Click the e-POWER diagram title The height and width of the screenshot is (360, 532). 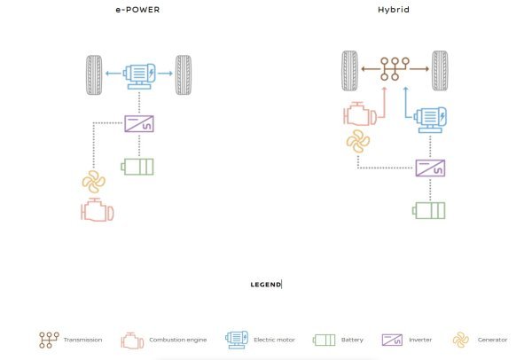(x=138, y=12)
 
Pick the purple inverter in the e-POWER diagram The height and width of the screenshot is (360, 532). (x=139, y=122)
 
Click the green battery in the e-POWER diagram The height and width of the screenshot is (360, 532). (x=137, y=167)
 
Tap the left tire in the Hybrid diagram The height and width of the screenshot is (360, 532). (x=348, y=69)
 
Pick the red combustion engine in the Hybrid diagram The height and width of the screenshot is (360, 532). (x=359, y=115)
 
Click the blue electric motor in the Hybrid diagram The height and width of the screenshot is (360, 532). (x=430, y=117)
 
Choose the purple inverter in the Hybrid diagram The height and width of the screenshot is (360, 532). (x=430, y=167)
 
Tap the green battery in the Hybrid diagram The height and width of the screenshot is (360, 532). (x=430, y=211)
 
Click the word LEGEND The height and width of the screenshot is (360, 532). (x=265, y=284)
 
